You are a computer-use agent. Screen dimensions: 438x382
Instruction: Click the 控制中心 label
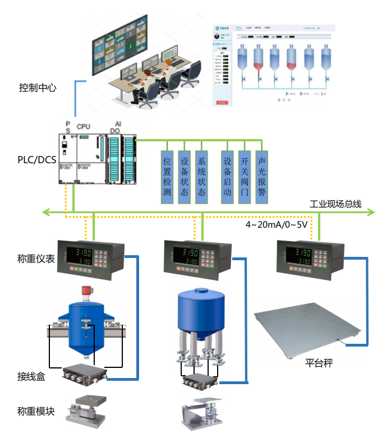point(37,88)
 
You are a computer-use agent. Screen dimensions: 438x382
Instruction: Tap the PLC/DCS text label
point(36,160)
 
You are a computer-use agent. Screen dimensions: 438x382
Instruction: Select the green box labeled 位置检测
point(167,177)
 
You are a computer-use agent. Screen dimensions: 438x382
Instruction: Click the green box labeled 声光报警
point(261,177)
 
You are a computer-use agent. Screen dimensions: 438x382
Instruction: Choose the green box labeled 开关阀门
point(244,177)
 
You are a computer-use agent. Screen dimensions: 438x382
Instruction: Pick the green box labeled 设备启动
point(227,177)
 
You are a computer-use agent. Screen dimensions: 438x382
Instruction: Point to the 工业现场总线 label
point(335,204)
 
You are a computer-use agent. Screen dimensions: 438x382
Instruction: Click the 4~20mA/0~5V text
point(277,225)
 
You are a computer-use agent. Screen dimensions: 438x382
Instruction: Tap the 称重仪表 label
point(36,259)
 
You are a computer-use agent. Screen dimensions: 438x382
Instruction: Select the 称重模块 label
point(36,411)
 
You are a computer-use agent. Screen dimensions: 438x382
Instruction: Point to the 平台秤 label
point(319,363)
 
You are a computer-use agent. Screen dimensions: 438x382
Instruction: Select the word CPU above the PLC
point(83,127)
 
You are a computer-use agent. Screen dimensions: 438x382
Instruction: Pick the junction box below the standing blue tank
point(199,382)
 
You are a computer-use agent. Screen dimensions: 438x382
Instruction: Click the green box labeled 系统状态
point(201,177)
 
